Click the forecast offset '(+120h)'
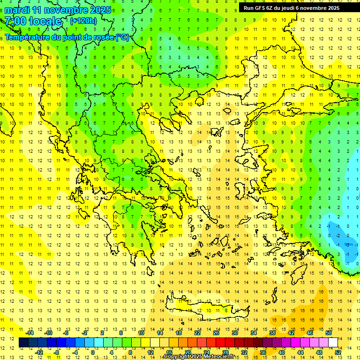click(83, 21)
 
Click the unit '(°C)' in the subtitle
click(122, 37)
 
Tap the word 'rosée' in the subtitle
click(103, 37)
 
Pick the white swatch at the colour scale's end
click(333, 343)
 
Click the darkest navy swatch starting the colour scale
click(24, 343)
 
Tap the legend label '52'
click(338, 352)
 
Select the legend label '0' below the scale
click(93, 352)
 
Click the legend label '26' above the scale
click(216, 333)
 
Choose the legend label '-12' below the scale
click(39, 352)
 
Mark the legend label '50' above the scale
click(329, 333)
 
